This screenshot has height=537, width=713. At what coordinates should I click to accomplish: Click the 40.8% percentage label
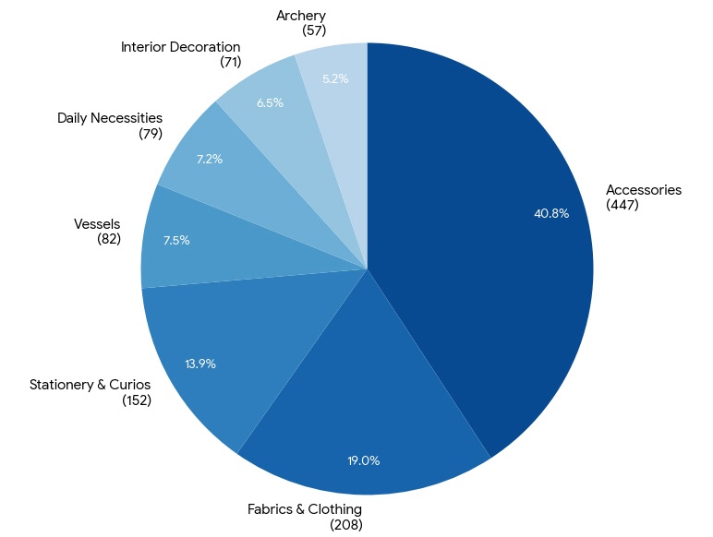551,213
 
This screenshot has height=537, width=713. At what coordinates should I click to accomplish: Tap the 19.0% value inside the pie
364,460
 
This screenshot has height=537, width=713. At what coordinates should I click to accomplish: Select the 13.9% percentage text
200,364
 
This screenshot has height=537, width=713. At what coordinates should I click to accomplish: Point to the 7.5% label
176,240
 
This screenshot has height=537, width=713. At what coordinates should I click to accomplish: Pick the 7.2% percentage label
210,159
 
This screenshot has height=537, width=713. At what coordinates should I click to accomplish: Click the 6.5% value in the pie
270,102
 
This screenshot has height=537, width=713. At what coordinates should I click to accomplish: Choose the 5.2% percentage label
335,78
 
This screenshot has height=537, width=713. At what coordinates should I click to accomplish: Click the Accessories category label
644,189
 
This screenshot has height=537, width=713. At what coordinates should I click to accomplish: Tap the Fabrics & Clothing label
305,509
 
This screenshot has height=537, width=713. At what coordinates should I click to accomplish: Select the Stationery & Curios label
90,385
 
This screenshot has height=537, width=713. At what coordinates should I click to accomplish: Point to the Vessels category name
97,223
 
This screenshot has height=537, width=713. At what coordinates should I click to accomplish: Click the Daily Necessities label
110,118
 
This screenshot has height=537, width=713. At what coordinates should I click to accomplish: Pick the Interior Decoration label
180,47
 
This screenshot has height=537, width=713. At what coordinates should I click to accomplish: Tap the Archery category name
301,16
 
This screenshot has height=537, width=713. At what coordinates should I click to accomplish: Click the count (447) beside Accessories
622,205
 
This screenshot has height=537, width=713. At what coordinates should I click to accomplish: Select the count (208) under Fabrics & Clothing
346,525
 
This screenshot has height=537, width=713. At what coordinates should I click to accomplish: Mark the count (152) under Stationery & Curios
137,400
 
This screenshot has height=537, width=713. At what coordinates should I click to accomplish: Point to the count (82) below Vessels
109,239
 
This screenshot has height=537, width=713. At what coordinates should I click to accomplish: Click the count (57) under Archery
314,30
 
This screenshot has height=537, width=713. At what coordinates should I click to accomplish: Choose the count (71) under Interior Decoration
231,62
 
